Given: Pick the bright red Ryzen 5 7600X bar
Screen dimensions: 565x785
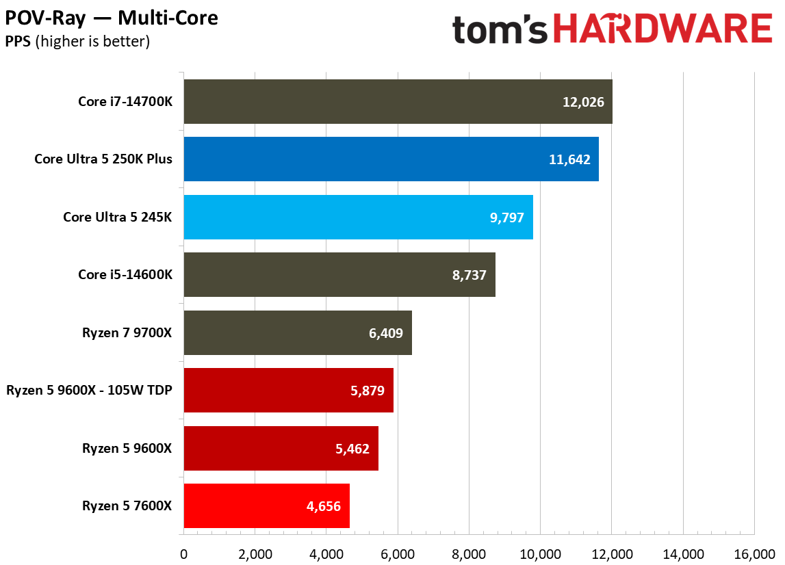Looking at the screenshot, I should pos(266,505).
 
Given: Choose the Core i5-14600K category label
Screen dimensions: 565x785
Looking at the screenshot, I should pos(125,274).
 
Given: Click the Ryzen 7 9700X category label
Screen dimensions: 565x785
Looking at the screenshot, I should pos(127,332).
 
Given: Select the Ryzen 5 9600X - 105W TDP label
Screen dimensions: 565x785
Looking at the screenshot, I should pos(89,391).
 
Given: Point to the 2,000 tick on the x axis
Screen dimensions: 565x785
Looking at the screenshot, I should pos(254,552).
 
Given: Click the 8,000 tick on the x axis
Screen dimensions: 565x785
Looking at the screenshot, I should pos(469,552).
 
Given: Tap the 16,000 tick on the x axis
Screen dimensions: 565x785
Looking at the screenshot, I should pos(754,552).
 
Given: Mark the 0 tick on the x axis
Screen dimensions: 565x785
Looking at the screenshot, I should pos(183,552).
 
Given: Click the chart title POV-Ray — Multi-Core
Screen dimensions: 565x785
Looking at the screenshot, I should pos(112,17).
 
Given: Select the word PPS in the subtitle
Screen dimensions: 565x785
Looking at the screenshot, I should pos(17,41).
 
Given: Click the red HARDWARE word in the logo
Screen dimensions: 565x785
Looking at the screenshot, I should pos(662,29).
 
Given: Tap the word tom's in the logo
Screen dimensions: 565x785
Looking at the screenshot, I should pos(500,29).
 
